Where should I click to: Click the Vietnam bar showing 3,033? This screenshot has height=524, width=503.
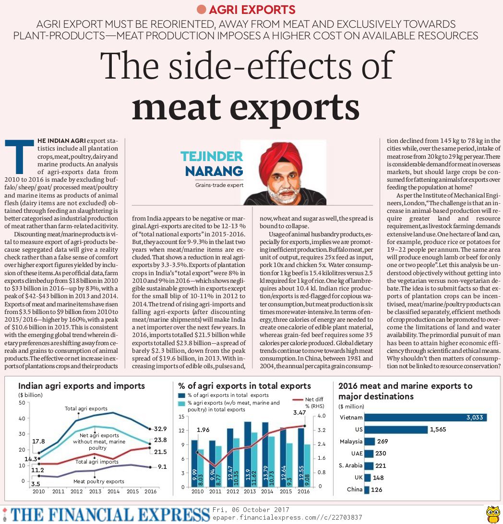[x=425, y=418]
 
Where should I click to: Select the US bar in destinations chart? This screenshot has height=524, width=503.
[x=395, y=430]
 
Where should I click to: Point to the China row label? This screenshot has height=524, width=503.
[x=355, y=489]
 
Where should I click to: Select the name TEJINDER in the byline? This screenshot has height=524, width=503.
[x=212, y=156]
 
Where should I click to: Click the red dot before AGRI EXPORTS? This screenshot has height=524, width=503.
[x=202, y=9]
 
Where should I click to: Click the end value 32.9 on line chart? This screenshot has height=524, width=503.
[x=160, y=429]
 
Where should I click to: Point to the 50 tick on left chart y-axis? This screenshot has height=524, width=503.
[x=22, y=402]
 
